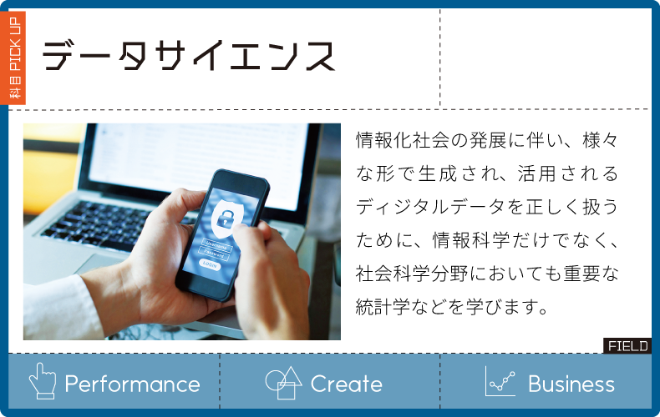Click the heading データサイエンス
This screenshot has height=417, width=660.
(x=189, y=56)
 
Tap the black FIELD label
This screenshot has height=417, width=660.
(x=627, y=346)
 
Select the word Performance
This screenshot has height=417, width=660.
(x=132, y=384)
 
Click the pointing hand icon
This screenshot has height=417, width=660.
(x=42, y=381)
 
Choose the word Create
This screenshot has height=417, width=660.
(x=347, y=384)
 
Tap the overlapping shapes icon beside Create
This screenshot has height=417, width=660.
(x=284, y=382)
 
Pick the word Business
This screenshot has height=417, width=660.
(x=571, y=384)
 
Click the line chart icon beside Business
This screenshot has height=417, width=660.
(x=500, y=381)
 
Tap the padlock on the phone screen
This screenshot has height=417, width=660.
(x=224, y=218)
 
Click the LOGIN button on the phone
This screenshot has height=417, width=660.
(x=209, y=265)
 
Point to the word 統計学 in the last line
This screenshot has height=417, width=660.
(x=383, y=307)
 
